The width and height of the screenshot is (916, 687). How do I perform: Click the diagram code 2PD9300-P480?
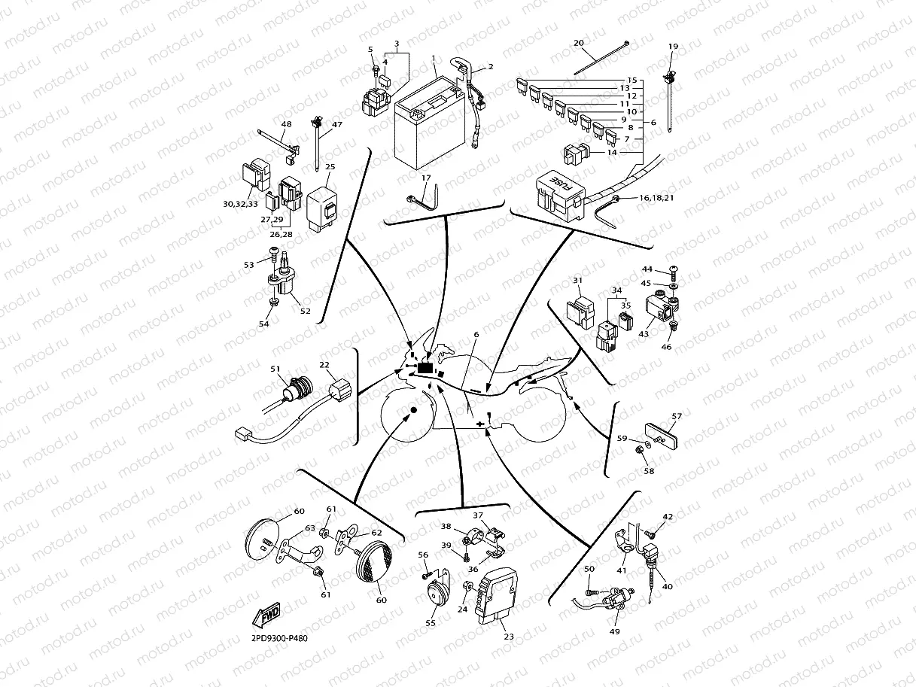tap(279, 639)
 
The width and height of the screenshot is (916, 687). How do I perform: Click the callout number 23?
tap(509, 637)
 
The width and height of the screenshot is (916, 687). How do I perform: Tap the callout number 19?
tap(673, 47)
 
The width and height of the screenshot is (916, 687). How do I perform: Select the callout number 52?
tap(305, 311)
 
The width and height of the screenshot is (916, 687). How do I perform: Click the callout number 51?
tap(275, 369)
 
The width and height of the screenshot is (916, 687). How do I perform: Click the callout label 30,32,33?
tap(240, 204)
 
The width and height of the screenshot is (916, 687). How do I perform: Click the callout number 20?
tap(579, 43)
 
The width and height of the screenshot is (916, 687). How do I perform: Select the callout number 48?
tap(286, 124)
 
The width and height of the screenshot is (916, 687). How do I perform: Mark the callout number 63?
tap(309, 527)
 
